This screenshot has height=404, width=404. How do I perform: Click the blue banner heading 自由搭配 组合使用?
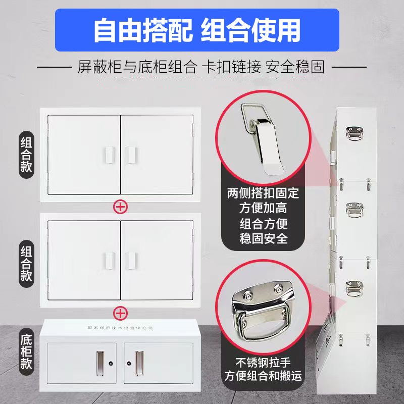click(197, 30)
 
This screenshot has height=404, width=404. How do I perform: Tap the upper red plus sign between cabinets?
click(120, 206)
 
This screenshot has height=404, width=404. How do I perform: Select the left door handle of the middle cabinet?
click(108, 259)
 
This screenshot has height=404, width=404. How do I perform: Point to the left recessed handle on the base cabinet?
click(98, 361)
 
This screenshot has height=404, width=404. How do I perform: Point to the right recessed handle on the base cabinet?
click(139, 361)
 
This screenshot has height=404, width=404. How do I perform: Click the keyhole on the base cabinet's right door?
click(128, 363)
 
